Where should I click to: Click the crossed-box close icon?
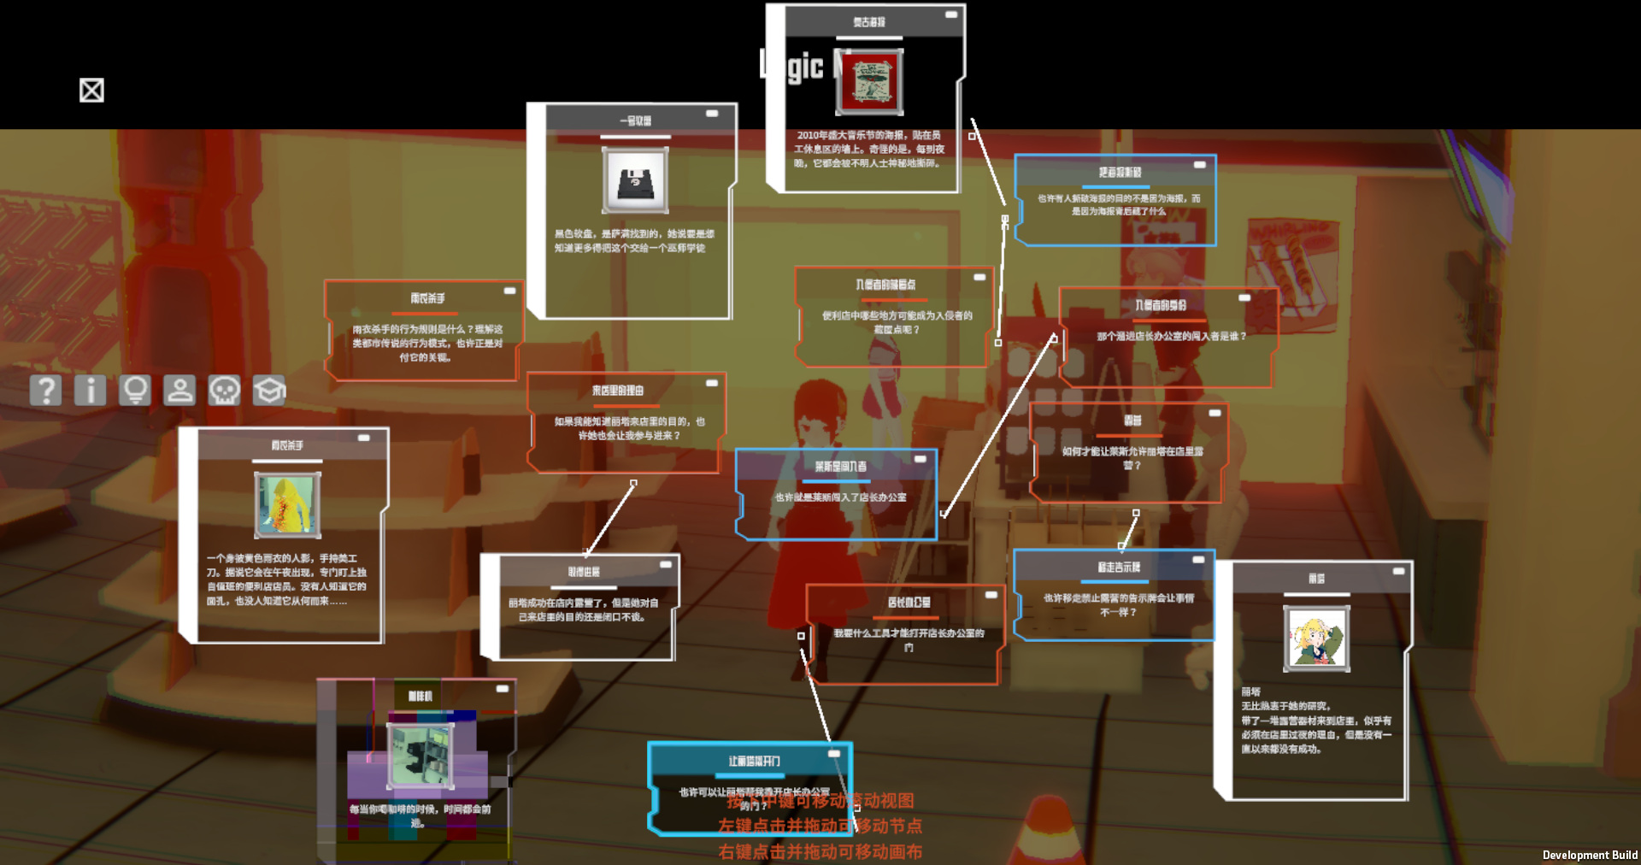click(x=91, y=91)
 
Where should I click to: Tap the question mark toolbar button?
click(x=45, y=391)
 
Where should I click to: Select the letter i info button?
click(x=90, y=391)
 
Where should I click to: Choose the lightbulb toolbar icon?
click(x=135, y=391)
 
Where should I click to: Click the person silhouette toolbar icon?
click(x=179, y=391)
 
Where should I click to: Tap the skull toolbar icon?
click(x=224, y=391)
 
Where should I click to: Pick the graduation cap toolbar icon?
click(x=268, y=391)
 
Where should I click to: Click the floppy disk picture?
click(x=635, y=180)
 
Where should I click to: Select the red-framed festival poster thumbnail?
click(x=869, y=83)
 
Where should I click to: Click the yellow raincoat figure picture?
click(x=287, y=504)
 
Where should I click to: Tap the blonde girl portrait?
click(x=1316, y=638)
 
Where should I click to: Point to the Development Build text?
click(x=1590, y=855)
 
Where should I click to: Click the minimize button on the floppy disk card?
click(x=712, y=114)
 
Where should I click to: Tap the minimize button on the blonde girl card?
click(x=1398, y=571)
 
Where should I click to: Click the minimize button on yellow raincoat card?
click(x=364, y=438)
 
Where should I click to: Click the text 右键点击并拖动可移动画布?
click(x=820, y=851)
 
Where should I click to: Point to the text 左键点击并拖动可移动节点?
click(x=820, y=826)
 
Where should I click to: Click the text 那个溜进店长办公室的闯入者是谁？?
click(x=1171, y=336)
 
